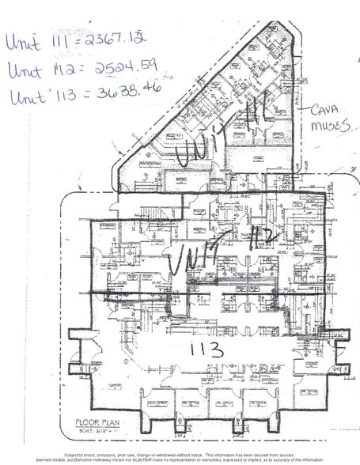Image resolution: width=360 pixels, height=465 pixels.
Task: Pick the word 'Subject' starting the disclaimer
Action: click(75, 455)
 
